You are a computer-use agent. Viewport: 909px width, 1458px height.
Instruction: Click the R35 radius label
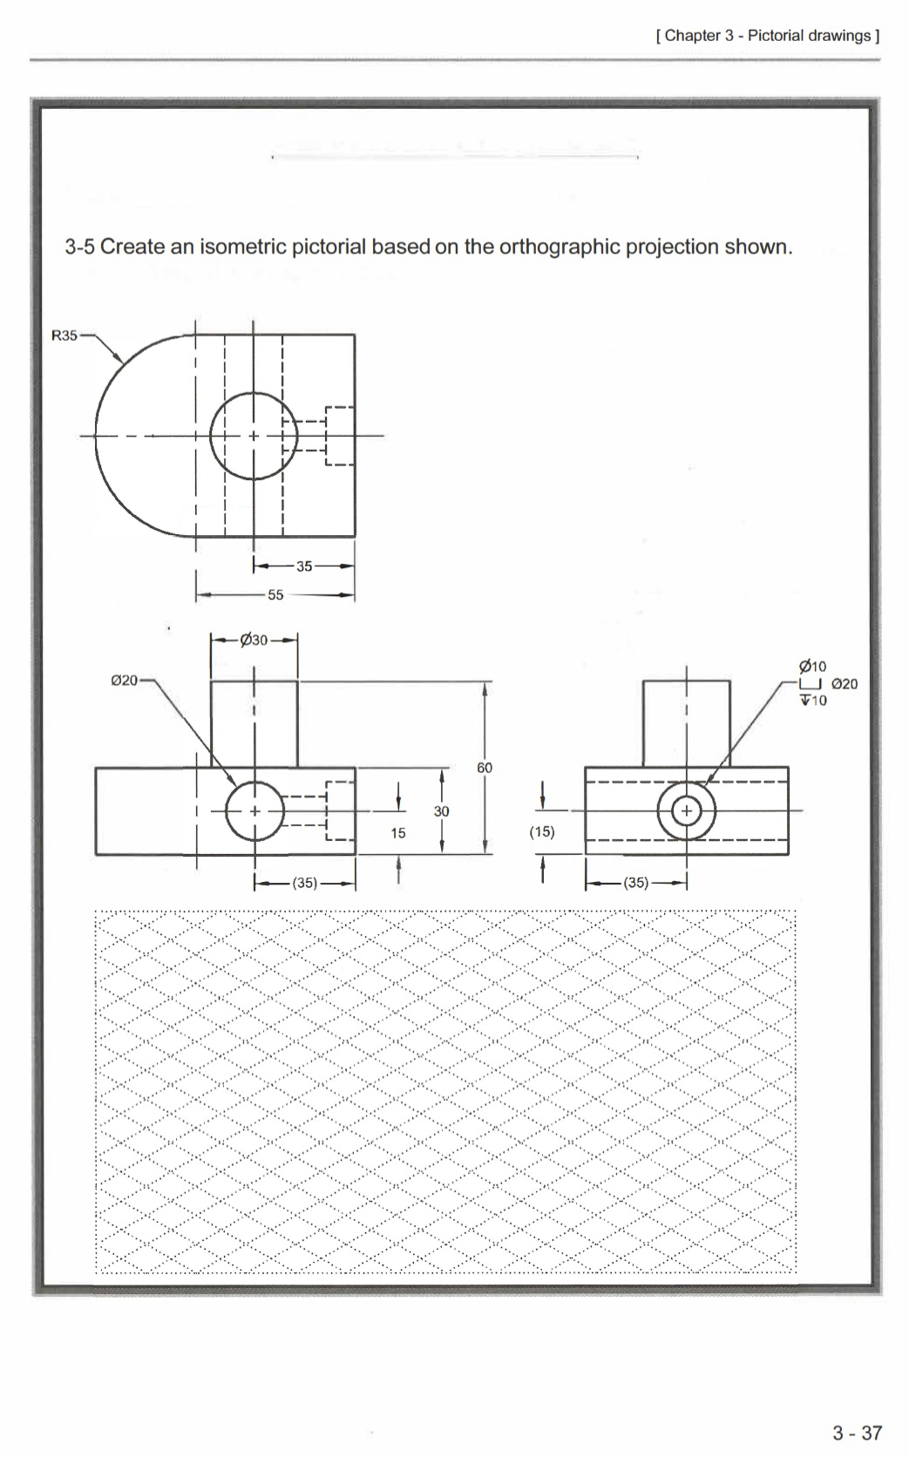tap(64, 336)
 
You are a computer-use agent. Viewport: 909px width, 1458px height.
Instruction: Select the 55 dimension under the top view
tap(275, 595)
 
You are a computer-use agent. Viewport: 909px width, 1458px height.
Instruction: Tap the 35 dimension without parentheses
tap(304, 566)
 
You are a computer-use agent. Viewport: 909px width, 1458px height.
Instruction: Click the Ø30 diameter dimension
tap(254, 641)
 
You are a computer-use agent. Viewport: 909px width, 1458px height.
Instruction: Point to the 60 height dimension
tap(485, 768)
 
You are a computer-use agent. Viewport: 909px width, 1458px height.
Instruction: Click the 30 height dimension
tap(442, 811)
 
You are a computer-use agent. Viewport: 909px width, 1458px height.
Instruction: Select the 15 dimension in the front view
tap(398, 833)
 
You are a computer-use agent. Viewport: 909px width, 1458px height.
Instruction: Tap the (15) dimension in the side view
tap(542, 831)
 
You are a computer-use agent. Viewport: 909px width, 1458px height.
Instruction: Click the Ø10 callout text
tap(812, 668)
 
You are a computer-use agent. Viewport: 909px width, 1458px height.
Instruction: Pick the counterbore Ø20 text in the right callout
tap(845, 684)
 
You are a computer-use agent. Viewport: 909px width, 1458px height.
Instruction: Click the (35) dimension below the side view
tap(636, 883)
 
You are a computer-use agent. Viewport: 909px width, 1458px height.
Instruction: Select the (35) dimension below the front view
tap(304, 883)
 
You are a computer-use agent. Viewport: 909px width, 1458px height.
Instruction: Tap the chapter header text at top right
tap(767, 36)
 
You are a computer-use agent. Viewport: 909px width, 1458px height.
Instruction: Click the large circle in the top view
tap(254, 394)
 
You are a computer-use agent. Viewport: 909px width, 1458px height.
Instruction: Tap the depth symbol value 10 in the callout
tap(818, 700)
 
